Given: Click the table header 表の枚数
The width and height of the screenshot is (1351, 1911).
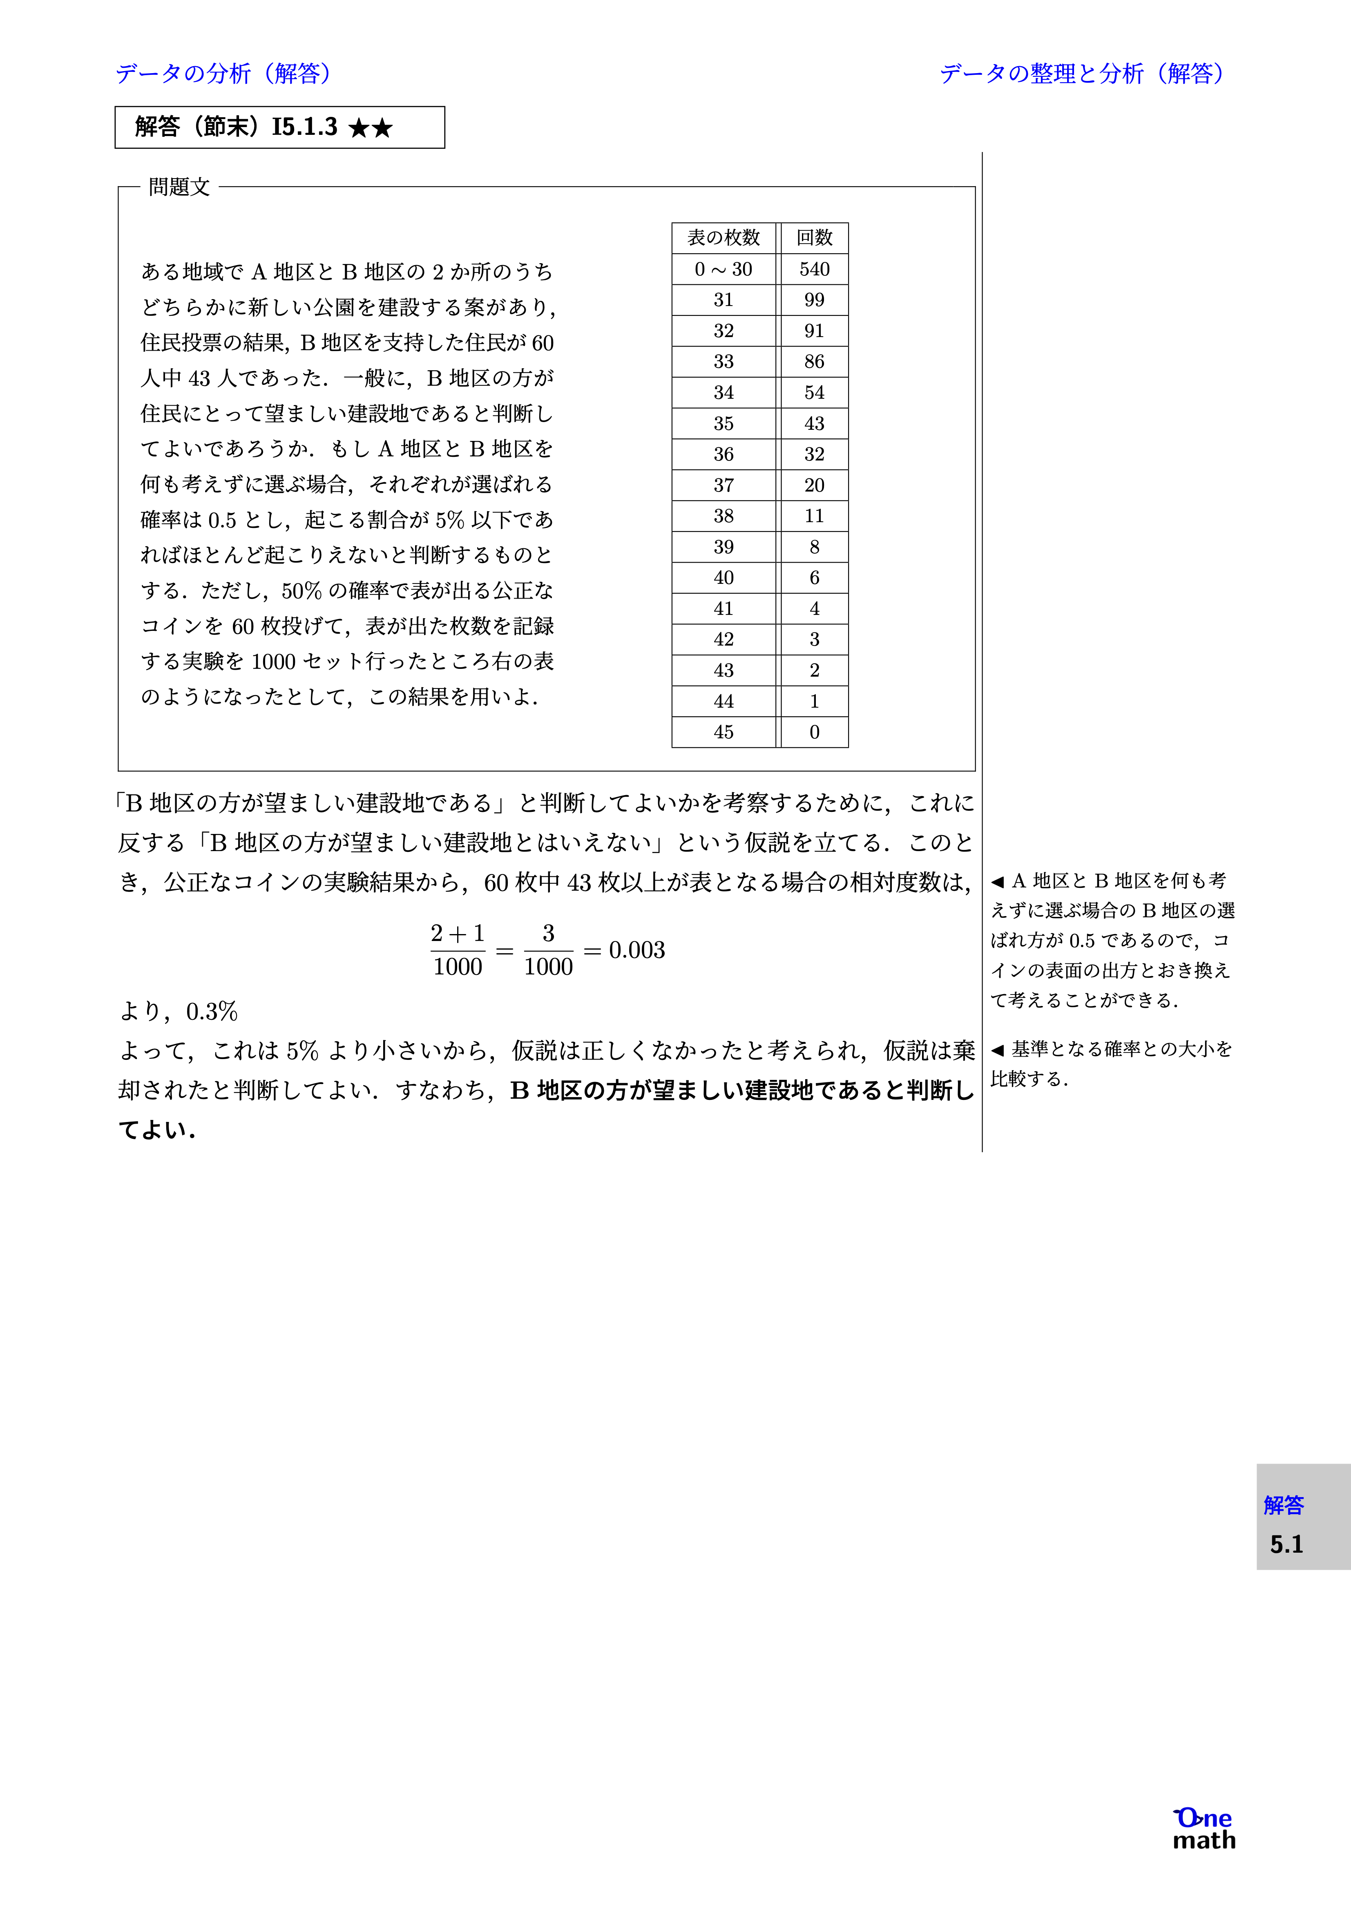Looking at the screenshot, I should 724,238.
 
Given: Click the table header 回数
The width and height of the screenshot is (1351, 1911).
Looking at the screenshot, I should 814,238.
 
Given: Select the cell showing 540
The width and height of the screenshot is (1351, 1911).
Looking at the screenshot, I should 814,269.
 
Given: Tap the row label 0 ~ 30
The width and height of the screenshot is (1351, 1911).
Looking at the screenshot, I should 724,269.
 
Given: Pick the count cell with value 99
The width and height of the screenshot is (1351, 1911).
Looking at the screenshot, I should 814,300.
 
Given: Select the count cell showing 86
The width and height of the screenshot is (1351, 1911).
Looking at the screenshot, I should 814,361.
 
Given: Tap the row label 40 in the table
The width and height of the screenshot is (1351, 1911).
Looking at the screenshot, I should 724,578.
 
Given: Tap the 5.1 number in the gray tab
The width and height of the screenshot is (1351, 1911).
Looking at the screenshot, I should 1286,1545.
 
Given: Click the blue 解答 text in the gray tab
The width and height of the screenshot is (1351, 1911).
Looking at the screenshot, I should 1284,1505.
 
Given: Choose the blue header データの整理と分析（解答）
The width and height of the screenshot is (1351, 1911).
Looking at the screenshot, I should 1082,73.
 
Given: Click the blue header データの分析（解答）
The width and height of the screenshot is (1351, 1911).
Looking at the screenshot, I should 223,73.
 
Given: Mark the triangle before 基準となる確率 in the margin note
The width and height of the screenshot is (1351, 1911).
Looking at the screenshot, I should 997,1050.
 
